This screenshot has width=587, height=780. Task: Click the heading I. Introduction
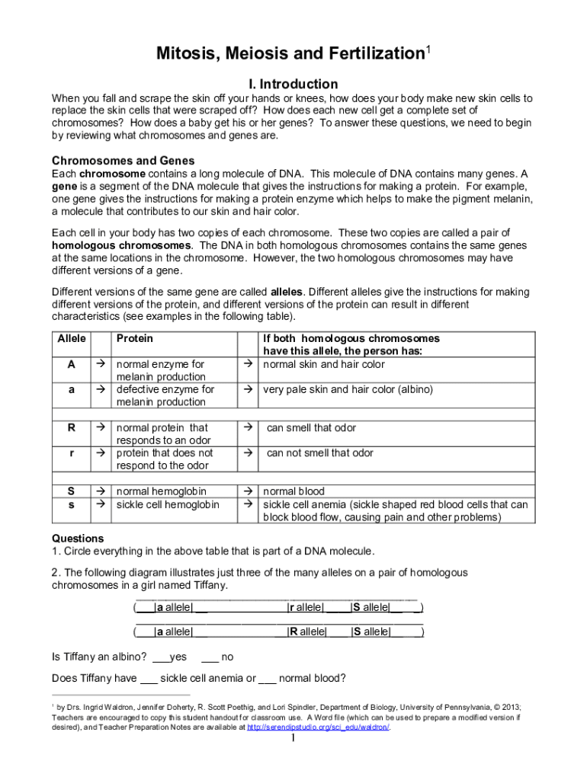coord(293,84)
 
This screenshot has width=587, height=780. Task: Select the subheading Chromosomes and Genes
coord(123,161)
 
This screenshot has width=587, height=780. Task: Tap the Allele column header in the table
coord(72,338)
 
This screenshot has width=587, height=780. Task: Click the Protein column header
coord(134,338)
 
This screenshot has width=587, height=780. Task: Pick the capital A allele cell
coord(72,364)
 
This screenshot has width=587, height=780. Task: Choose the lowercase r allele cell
coord(72,452)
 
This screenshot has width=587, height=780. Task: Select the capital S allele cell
coord(72,491)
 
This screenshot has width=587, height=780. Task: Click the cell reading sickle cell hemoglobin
coord(167,504)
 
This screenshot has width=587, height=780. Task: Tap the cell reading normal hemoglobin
coord(161,491)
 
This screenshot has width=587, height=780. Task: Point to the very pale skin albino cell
coord(348,389)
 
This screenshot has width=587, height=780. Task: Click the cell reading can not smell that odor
coord(319,452)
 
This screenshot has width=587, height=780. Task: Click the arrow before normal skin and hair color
coord(247,364)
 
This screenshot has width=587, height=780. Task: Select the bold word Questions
coord(78,538)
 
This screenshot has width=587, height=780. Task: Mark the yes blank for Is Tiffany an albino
coord(160,657)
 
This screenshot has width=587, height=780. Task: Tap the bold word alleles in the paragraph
coord(287,292)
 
